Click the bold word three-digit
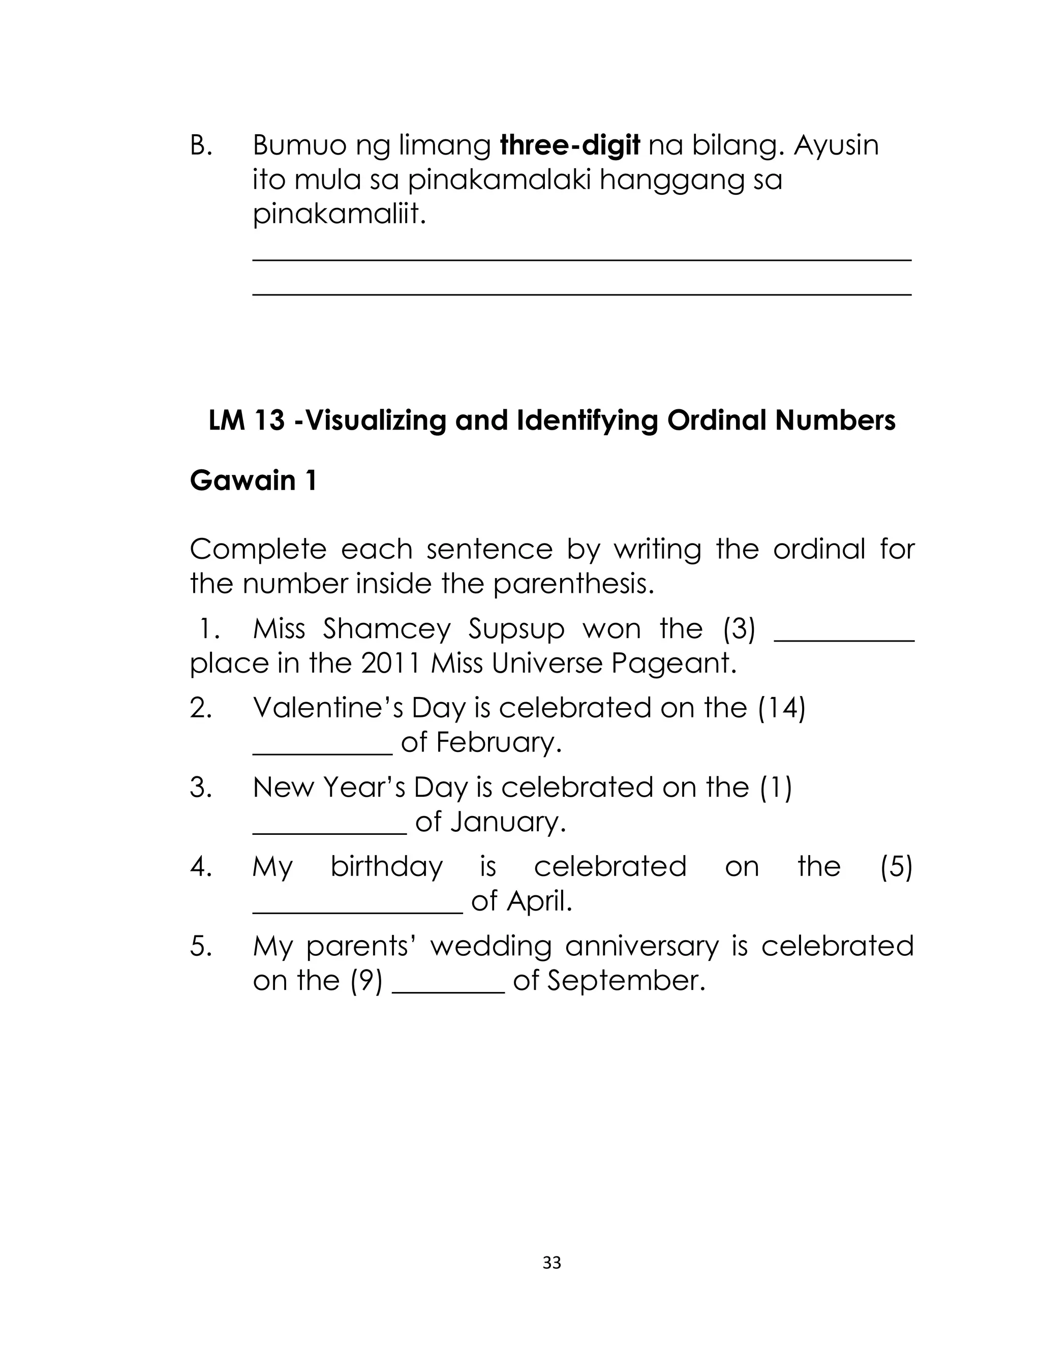569,145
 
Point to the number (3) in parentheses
739,629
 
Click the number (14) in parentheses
781,708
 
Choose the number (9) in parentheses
366,981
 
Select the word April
538,901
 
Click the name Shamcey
387,629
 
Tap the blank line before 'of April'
357,911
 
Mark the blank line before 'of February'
322,752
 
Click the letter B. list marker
201,145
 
